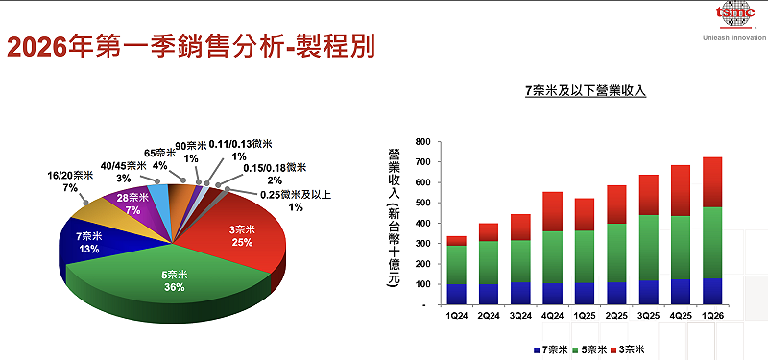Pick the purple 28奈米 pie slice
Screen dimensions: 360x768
pos(131,203)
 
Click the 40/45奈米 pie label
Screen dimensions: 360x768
pos(124,171)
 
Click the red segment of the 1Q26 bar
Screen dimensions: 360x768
pos(711,182)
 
